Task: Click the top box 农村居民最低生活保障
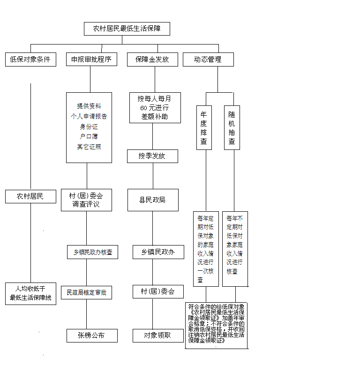coord(127,29)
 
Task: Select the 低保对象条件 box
coord(30,60)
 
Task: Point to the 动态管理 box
coord(208,60)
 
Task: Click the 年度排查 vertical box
coord(203,127)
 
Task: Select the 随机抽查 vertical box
coord(232,127)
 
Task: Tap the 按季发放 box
coord(152,156)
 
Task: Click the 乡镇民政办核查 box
coord(92,252)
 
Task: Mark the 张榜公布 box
coord(91,335)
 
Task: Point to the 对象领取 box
coord(157,335)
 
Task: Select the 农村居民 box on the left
coord(30,196)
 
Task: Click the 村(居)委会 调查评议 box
coord(86,200)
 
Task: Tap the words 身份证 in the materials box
coord(89,127)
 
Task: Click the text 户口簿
coord(89,136)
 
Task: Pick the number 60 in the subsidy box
coord(144,108)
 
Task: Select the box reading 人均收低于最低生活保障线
coord(30,294)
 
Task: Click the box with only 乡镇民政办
coord(157,252)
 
